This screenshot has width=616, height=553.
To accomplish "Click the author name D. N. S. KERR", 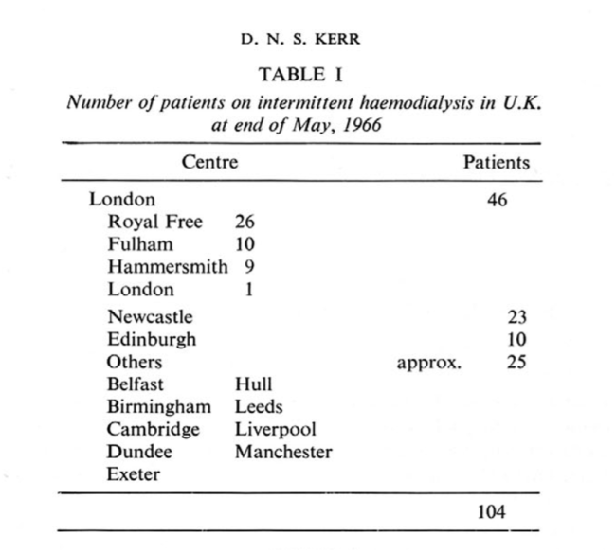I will click(307, 41).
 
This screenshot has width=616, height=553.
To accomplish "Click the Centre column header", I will click(209, 162).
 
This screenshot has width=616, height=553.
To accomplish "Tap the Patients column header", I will click(496, 162).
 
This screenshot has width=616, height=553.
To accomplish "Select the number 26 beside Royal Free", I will click(245, 222).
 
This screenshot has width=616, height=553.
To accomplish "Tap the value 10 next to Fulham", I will click(245, 244).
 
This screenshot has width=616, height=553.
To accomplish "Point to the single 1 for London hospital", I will click(246, 290).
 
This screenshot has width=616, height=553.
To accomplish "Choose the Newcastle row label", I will click(150, 317).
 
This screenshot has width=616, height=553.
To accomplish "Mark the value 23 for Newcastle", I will click(516, 317).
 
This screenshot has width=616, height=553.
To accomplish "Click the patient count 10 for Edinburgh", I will click(516, 339).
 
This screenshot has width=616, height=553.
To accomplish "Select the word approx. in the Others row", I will click(429, 363).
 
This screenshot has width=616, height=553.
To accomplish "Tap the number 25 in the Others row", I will click(516, 362).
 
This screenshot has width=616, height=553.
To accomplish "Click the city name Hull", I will click(253, 384).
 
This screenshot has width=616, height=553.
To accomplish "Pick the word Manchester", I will click(283, 453).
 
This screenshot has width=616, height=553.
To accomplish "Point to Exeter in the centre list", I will click(134, 475).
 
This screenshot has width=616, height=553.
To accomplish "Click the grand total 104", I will click(492, 512).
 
